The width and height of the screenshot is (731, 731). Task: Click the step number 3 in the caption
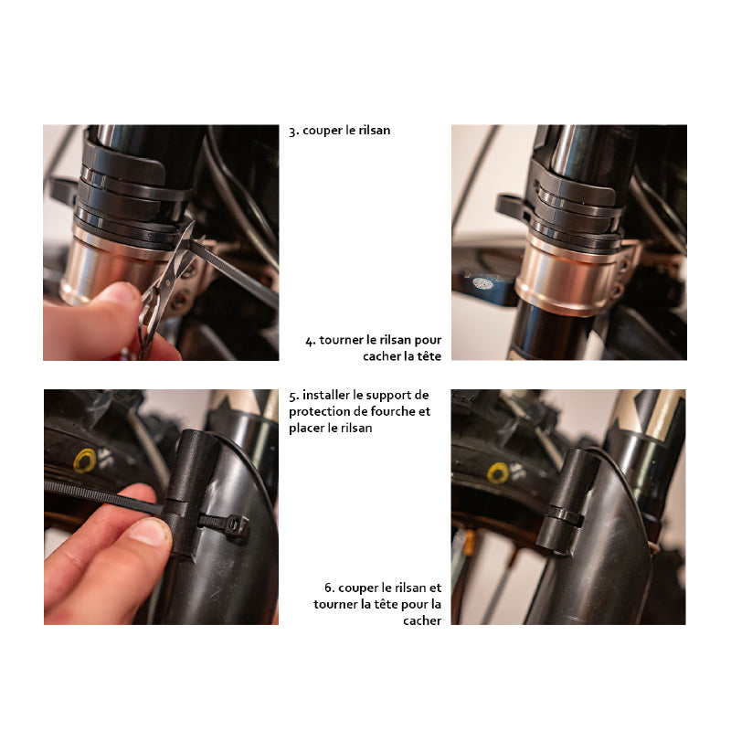(x=293, y=131)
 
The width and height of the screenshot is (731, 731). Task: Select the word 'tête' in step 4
(x=429, y=356)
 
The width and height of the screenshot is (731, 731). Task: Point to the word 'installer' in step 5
(x=326, y=395)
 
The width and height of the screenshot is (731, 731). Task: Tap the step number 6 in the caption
(x=330, y=588)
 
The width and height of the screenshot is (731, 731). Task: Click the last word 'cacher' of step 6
(x=422, y=621)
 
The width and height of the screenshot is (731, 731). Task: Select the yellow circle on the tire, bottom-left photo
(x=85, y=461)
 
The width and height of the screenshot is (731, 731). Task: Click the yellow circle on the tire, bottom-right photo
(x=498, y=472)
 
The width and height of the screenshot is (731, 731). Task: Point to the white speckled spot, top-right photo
(x=482, y=282)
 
